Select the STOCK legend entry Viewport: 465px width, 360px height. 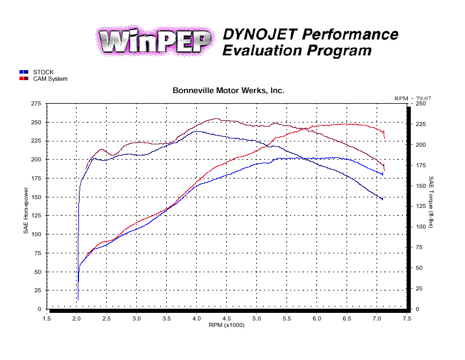tap(43, 72)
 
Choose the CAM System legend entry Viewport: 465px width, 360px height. tap(50, 79)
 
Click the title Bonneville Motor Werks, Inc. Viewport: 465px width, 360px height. tap(229, 91)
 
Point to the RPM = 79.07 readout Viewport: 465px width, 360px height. tap(413, 98)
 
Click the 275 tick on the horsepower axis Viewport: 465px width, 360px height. tap(35, 104)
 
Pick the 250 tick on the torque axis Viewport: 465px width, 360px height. tap(420, 104)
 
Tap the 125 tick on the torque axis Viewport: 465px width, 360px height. tap(420, 206)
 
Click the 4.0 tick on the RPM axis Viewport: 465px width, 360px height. tap(197, 318)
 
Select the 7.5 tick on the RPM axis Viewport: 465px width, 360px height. tap(407, 318)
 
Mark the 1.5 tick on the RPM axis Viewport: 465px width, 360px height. tap(47, 318)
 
